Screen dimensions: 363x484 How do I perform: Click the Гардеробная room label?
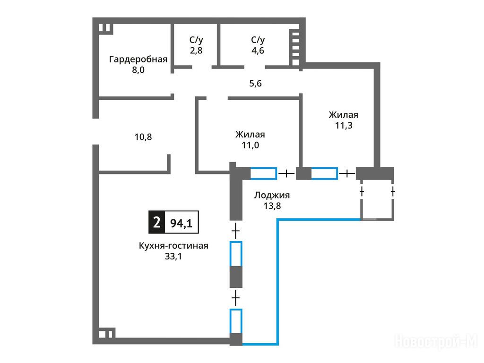click(138, 59)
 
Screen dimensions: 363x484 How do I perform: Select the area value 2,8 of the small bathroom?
click(196, 50)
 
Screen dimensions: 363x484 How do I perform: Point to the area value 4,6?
click(258, 50)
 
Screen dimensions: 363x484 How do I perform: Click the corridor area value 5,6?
click(255, 84)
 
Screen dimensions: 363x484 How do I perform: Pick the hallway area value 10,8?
click(143, 137)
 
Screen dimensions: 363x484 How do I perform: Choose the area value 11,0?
click(250, 145)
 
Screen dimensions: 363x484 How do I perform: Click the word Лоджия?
click(272, 195)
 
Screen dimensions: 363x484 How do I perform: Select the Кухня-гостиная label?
click(173, 246)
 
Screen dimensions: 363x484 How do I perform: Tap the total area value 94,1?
click(181, 223)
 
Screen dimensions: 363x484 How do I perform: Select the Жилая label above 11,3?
click(344, 115)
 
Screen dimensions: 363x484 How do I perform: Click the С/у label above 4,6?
click(258, 40)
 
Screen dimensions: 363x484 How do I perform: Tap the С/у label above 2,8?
click(196, 40)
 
